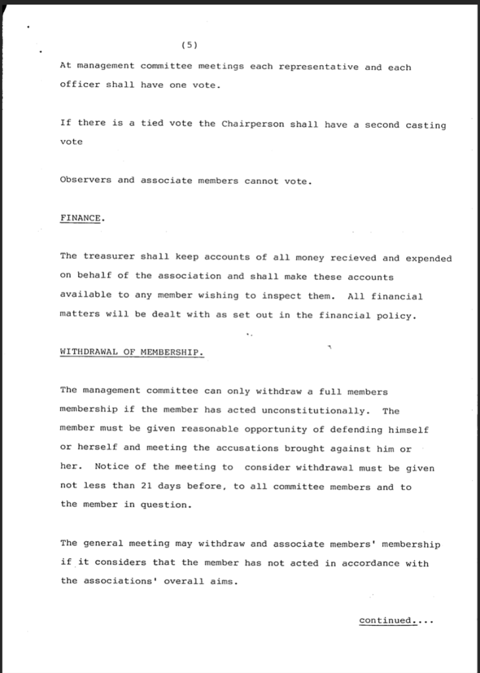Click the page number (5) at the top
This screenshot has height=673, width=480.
click(188, 45)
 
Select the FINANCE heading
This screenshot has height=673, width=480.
click(80, 219)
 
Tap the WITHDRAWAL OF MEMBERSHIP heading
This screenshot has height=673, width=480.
click(131, 352)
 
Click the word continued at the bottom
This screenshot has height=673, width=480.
click(388, 620)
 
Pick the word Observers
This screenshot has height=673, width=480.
click(85, 180)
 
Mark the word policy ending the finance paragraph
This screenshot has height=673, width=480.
click(396, 315)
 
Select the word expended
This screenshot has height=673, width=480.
click(429, 258)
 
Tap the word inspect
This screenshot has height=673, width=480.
click(279, 296)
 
